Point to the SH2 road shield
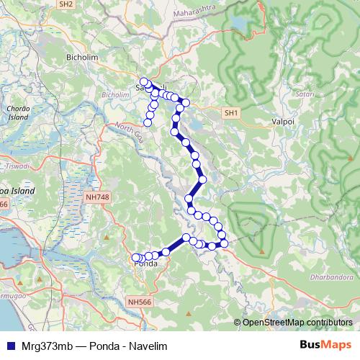pos(66,4)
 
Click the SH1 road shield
pos(230,113)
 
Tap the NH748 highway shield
pos(96,196)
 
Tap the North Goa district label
pos(127,131)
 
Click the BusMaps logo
pos(325,345)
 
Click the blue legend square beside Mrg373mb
pos(11,345)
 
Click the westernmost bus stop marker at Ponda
pos(135,257)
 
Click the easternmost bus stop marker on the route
pos(224,243)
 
